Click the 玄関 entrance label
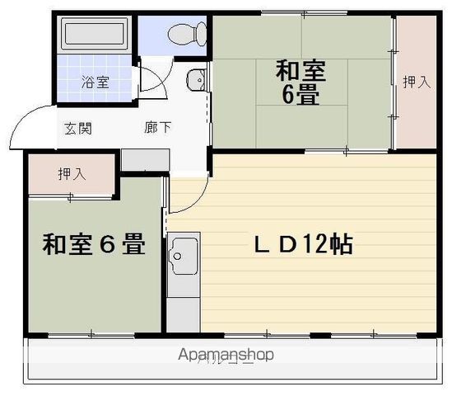pyautogui.click(x=79, y=128)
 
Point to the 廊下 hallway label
pyautogui.click(x=158, y=128)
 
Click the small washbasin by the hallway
pyautogui.click(x=195, y=81)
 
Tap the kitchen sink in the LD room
pyautogui.click(x=182, y=255)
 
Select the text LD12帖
pyautogui.click(x=303, y=244)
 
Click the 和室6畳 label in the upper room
pyautogui.click(x=301, y=82)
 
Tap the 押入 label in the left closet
pyautogui.click(x=72, y=174)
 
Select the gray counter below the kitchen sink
pyautogui.click(x=183, y=313)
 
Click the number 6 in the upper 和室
pyautogui.click(x=289, y=95)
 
